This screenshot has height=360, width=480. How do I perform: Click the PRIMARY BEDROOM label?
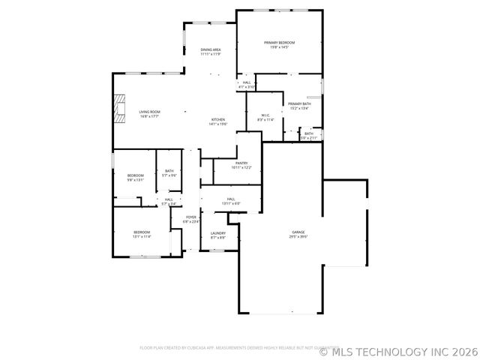(x=279, y=43)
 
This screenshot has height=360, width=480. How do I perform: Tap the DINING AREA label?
(x=210, y=50)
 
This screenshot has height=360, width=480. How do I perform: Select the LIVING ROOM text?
(x=149, y=112)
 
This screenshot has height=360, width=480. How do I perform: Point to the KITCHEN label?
(x=218, y=120)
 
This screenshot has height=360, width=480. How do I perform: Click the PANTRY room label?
(x=241, y=163)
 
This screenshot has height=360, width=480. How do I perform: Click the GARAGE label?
(x=299, y=232)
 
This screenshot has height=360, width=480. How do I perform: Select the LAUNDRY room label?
(x=218, y=233)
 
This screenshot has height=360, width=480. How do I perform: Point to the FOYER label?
(x=191, y=217)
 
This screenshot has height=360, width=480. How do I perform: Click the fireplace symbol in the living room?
(x=118, y=109)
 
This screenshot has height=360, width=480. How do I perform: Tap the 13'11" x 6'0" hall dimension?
(x=230, y=204)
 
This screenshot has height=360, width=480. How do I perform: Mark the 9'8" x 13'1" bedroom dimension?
(x=135, y=180)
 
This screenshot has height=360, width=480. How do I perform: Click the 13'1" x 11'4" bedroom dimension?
(x=142, y=237)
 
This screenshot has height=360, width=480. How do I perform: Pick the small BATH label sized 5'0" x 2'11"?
(x=309, y=138)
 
